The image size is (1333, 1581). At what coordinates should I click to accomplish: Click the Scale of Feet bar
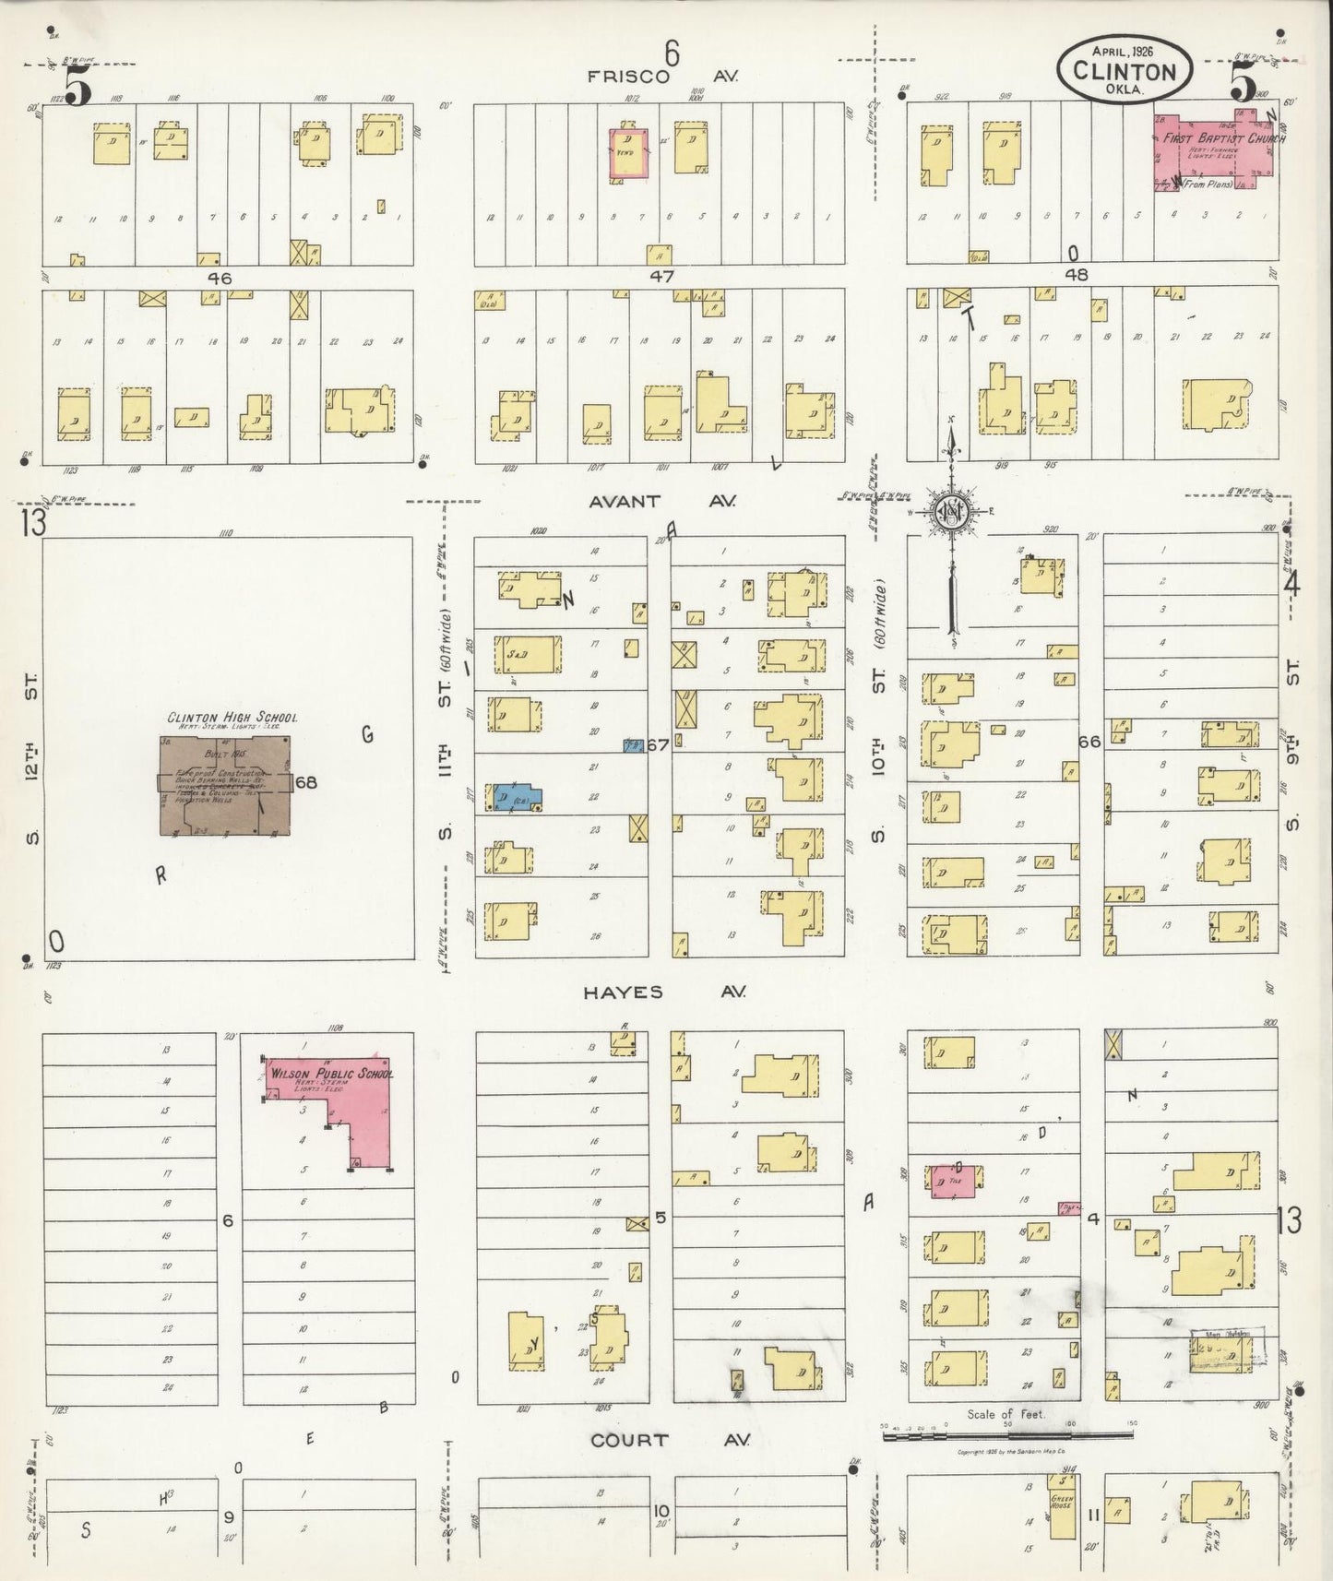[x=1006, y=1437]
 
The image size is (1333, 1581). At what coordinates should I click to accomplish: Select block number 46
[x=219, y=278]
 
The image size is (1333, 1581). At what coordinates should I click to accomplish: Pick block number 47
[x=661, y=276]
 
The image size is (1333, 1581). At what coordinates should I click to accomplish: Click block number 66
[x=1089, y=742]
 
